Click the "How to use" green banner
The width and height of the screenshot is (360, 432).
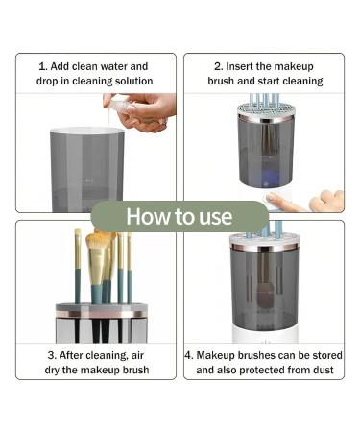pos(180,216)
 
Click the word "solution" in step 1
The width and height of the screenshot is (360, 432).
pos(133,81)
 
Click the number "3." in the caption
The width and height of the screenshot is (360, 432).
pos(52,355)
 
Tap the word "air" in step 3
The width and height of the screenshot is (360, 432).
pos(137,355)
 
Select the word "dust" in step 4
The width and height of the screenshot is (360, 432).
pos(323,370)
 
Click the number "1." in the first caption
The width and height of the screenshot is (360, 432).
pos(43,66)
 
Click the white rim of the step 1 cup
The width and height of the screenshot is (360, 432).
pos(87,131)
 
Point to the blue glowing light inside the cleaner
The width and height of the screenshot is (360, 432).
pos(265,178)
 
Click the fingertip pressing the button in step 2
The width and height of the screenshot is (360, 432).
pos(271,196)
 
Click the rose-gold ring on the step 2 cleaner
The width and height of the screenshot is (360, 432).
pos(266,118)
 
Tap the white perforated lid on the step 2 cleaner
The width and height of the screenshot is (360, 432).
pos(266,109)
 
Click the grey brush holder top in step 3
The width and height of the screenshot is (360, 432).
pos(102,307)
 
